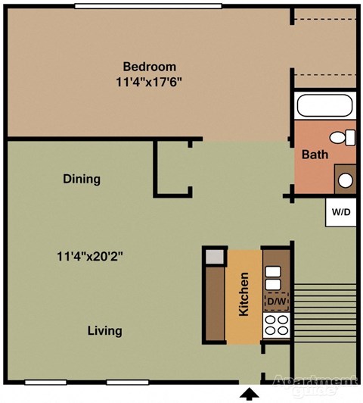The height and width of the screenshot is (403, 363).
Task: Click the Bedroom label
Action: [x=150, y=66]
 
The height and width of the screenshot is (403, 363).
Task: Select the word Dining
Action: [x=82, y=180]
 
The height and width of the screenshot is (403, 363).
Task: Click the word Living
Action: [x=104, y=331]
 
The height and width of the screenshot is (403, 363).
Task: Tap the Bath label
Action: [x=315, y=155]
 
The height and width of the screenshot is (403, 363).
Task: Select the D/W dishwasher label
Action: [x=276, y=302]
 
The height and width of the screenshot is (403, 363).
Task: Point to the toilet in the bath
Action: [x=347, y=137]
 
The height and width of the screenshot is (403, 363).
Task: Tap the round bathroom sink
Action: [x=345, y=180]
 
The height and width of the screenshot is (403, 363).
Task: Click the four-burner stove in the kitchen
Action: [x=276, y=326]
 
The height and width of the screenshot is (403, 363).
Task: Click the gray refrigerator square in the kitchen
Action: [x=215, y=256]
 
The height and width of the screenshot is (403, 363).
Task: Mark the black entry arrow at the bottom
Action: [x=249, y=394]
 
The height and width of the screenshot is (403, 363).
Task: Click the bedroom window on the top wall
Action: [x=142, y=6]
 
